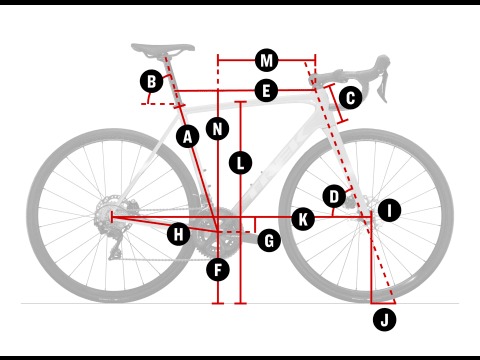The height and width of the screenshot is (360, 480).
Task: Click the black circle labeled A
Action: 188,137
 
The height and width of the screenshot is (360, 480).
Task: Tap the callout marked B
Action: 152,81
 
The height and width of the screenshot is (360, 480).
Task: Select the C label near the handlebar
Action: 350,98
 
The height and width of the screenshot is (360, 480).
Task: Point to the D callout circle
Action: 334,196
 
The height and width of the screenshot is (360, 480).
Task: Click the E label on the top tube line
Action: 266,91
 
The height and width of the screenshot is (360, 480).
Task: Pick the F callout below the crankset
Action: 218,270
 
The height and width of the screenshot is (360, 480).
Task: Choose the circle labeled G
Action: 269,240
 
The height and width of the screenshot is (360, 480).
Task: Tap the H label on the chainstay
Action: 179,234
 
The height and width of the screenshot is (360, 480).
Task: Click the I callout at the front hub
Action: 389,210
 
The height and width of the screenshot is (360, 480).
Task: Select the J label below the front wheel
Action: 385,320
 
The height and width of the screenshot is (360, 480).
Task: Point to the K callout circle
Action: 303,220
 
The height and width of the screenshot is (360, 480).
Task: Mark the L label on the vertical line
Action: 240,163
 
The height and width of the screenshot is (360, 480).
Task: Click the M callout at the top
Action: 266,61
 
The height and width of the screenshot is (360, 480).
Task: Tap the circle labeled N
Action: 217,129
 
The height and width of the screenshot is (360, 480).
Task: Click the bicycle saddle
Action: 163,49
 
